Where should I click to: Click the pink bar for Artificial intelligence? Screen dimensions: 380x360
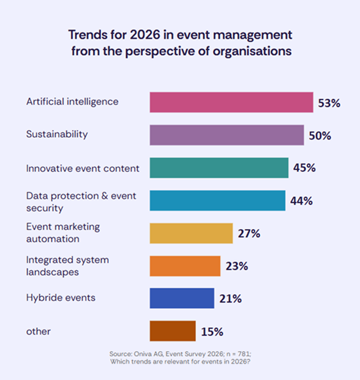click(x=231, y=102)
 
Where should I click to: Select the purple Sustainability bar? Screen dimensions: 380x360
click(x=227, y=135)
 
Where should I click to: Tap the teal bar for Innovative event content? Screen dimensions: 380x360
click(x=219, y=168)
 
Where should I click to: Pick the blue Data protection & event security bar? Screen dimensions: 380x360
click(x=217, y=200)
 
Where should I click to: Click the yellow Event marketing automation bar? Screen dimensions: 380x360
click(x=191, y=233)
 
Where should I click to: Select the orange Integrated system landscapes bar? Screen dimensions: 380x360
click(x=185, y=265)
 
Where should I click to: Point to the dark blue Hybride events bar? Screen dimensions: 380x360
click(x=182, y=298)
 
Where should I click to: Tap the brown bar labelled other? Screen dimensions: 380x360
click(x=172, y=331)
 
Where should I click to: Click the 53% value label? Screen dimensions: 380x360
click(x=329, y=103)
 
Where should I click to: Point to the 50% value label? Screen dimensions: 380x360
click(x=320, y=136)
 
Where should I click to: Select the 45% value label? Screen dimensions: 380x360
click(x=304, y=168)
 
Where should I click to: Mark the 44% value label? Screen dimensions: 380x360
click(x=301, y=201)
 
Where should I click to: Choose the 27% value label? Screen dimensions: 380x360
click(x=249, y=233)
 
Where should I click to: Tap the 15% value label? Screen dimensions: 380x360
click(x=212, y=332)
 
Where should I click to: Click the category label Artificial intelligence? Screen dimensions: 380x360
click(x=72, y=101)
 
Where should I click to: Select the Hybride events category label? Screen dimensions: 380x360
click(x=61, y=298)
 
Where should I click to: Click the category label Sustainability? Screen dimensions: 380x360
click(x=57, y=134)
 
